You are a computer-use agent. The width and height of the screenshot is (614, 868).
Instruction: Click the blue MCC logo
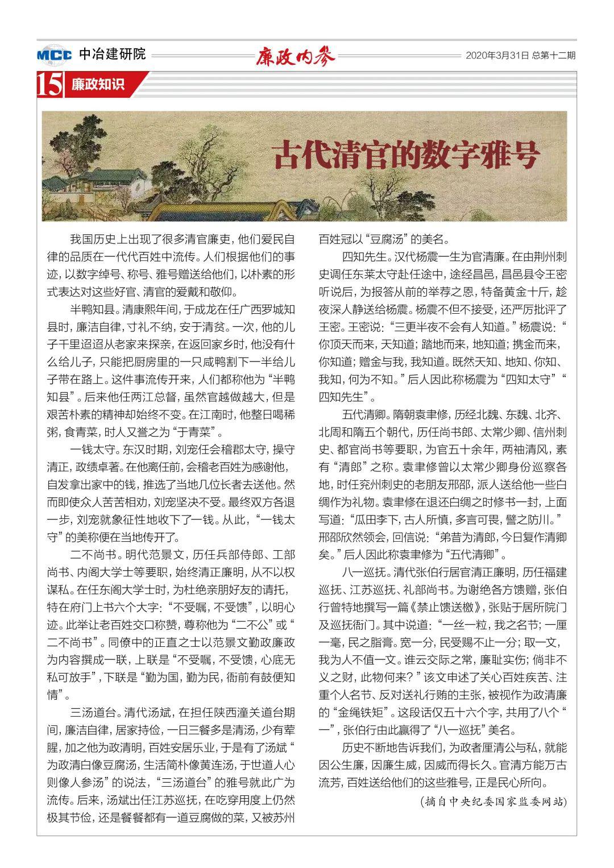click(55, 55)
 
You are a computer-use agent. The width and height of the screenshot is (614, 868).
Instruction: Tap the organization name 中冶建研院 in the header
click(112, 55)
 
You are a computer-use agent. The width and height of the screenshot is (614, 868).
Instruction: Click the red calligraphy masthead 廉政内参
click(296, 56)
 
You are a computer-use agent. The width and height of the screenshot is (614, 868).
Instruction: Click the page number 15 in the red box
click(49, 85)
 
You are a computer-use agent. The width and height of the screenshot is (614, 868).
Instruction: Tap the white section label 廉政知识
click(97, 85)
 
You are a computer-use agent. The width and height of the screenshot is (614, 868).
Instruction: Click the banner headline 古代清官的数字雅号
click(405, 154)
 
